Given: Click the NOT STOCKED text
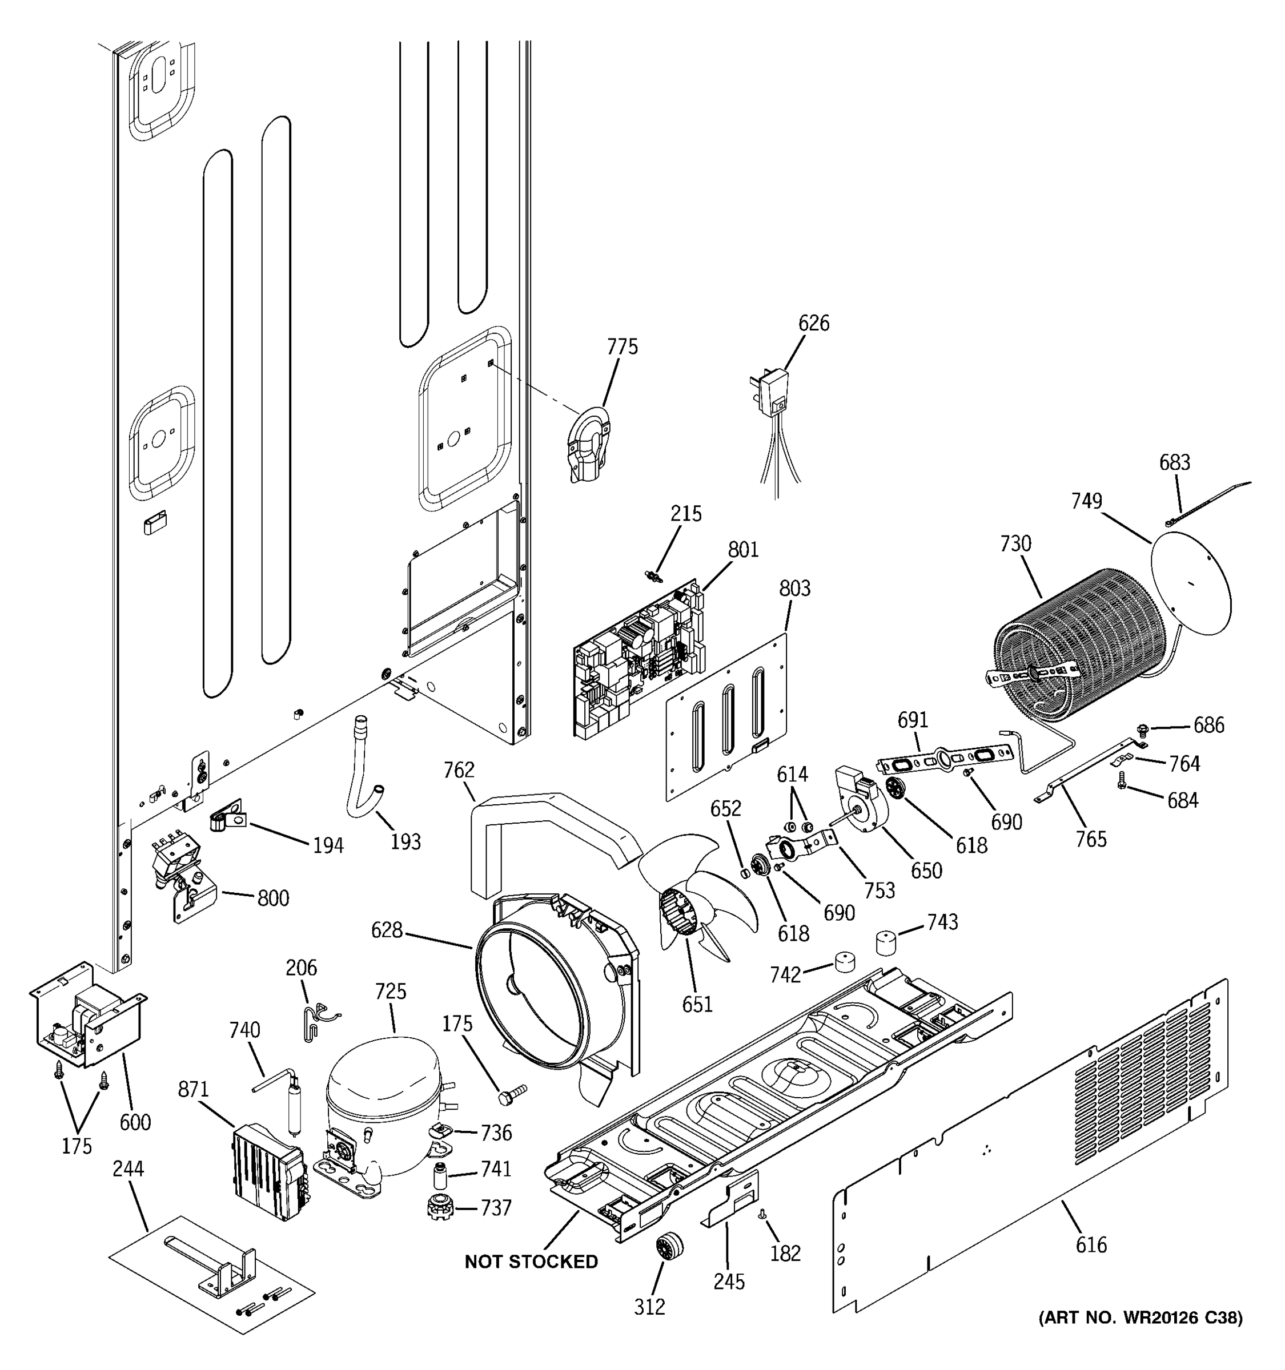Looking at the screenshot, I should point(531,1261).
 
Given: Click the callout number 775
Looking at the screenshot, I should point(622,346).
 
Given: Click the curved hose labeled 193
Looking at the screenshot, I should point(362,775).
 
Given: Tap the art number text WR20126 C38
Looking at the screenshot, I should point(1141,1317).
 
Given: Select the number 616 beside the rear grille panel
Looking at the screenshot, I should point(1091,1244).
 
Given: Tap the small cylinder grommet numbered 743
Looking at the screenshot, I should point(886,942).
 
